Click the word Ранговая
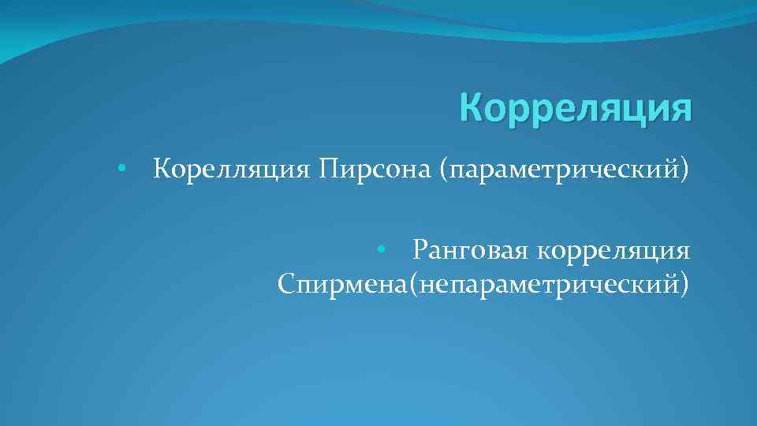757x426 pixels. click(x=469, y=251)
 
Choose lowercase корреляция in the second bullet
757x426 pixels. click(x=614, y=251)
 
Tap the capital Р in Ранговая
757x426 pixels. click(x=420, y=251)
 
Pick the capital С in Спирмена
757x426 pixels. click(x=286, y=282)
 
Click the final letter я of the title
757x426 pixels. click(x=682, y=110)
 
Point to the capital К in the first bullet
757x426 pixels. click(x=162, y=169)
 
